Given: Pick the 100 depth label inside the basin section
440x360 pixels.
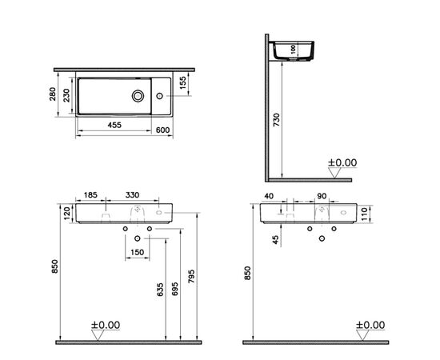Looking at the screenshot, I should (x=293, y=49).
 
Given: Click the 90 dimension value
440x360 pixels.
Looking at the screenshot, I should (x=322, y=194).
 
